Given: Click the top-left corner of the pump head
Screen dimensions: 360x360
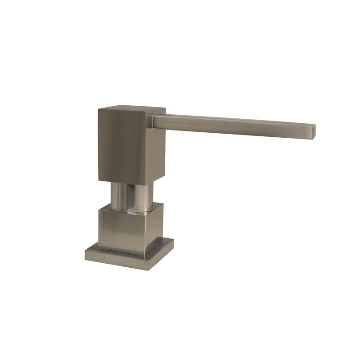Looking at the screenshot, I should click(98, 108).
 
